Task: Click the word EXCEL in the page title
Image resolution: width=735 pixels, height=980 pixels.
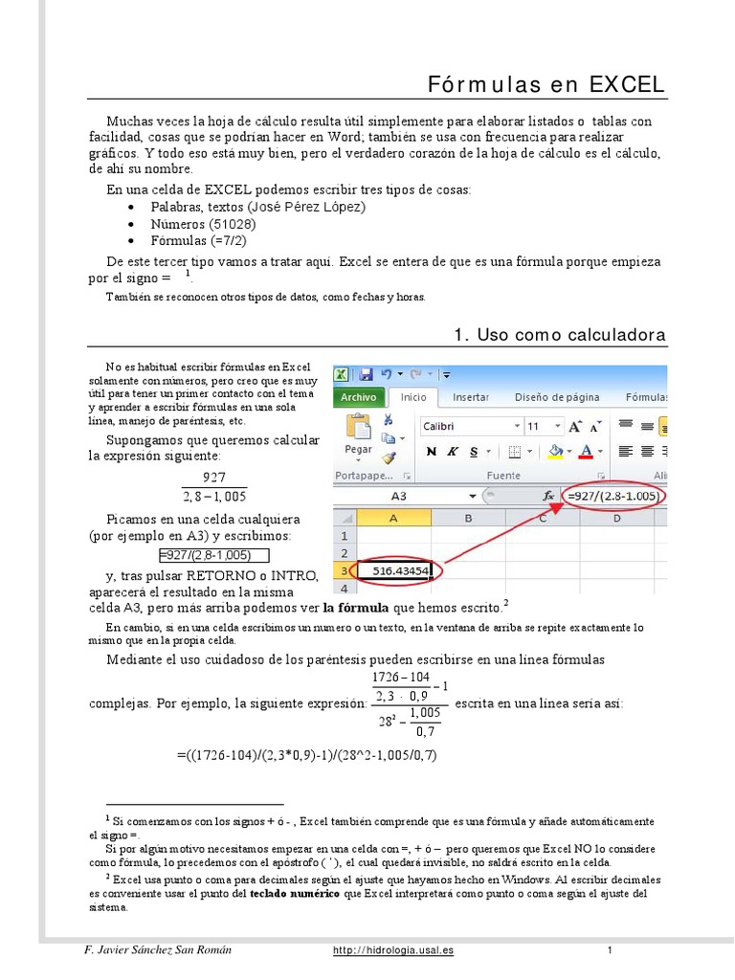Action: (627, 84)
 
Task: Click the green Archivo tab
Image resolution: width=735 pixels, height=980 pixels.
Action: (358, 397)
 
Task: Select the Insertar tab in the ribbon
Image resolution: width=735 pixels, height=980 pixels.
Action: (470, 397)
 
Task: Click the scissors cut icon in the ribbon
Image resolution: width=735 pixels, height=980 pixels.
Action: (389, 419)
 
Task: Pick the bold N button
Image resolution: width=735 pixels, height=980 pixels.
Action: (431, 452)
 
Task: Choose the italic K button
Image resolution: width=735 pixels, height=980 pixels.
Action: (455, 452)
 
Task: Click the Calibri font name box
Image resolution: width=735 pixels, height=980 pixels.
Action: (466, 426)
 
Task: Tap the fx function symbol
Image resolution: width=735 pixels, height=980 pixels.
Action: (549, 497)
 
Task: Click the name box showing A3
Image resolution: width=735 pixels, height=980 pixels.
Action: (399, 497)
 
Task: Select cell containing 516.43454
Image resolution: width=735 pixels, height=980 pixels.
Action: (392, 571)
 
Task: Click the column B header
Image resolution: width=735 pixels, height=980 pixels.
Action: (469, 518)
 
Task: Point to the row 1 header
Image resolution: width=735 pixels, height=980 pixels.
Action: (343, 536)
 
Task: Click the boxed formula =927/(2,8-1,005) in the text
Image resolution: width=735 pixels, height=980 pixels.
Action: (214, 555)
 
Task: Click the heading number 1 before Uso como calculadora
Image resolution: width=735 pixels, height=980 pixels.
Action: (459, 334)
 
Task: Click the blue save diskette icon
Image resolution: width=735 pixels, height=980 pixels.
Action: (365, 374)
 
